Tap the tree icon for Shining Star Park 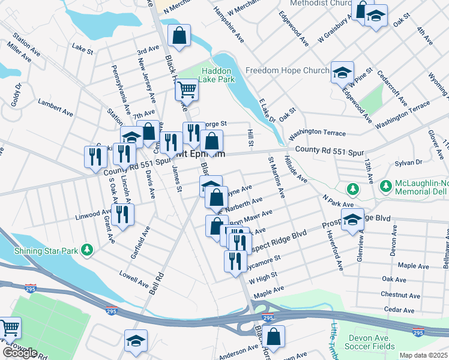point(88,249)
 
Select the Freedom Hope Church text point(288,71)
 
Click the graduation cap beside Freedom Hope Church point(342,73)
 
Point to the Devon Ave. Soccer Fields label point(372,342)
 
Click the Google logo point(20,353)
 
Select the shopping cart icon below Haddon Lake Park point(187,90)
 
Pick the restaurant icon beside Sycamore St point(234,262)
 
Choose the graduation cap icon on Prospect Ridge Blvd point(352,219)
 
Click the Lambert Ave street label point(55,104)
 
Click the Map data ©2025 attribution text point(424,355)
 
